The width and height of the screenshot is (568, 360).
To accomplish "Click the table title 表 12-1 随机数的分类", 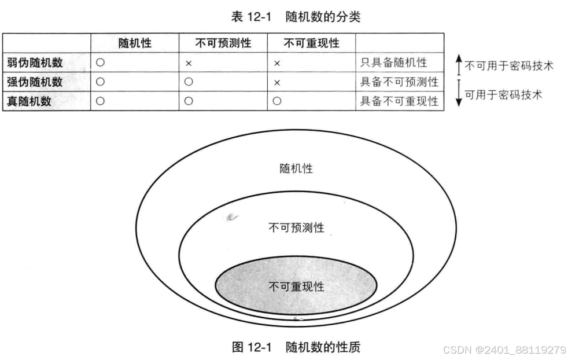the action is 296,17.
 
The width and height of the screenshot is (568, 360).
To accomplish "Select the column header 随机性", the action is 135,43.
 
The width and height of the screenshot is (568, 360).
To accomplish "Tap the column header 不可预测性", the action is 223,43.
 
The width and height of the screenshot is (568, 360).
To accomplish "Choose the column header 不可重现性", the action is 311,43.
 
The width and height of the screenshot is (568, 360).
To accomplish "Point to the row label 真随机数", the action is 29,101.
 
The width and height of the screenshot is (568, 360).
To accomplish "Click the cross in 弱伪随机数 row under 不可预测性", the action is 189,63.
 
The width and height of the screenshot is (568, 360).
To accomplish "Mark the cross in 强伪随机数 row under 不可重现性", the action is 276,82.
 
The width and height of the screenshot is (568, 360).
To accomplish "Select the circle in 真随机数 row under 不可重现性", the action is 276,101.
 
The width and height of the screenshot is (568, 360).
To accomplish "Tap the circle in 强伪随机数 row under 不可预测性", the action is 189,82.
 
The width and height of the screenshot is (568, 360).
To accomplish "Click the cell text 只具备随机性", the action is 393,63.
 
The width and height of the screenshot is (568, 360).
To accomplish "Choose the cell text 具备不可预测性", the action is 399,82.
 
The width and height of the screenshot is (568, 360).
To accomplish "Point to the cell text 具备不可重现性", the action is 399,101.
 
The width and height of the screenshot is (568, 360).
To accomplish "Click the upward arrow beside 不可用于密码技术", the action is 458,64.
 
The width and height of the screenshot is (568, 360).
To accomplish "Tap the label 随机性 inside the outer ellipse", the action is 296,168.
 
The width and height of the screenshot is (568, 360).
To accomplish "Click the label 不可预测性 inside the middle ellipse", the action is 296,227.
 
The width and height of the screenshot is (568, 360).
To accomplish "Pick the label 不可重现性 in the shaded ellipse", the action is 296,286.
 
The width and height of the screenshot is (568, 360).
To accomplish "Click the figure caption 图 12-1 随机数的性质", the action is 296,347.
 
